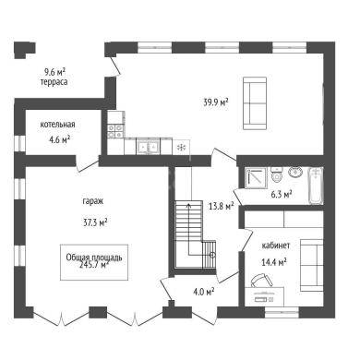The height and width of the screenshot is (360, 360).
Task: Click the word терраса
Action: [x=54, y=82]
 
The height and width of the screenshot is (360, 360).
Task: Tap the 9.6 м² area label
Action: [x=54, y=72]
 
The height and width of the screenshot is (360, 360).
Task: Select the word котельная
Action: [x=57, y=125]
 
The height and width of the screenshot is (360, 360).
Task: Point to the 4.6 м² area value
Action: [x=60, y=140]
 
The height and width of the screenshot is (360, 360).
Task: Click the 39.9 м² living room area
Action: [x=216, y=102]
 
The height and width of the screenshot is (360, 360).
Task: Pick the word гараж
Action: [x=93, y=201]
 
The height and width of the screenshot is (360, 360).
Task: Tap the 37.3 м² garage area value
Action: [x=95, y=222]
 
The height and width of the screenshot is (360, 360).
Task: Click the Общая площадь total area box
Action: [x=94, y=262]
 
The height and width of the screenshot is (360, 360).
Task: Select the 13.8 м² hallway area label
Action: [x=222, y=206]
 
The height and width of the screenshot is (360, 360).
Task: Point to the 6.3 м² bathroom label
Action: [x=282, y=195]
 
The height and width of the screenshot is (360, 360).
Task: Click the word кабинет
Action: [x=276, y=246]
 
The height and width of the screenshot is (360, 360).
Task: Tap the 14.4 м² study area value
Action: [x=274, y=262]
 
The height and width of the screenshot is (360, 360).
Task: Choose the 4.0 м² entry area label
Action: [x=204, y=292]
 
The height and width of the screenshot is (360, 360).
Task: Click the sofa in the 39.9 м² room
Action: [x=255, y=103]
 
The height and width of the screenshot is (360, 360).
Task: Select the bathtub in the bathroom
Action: [x=316, y=186]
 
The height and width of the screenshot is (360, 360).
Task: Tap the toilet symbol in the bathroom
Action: [x=277, y=174]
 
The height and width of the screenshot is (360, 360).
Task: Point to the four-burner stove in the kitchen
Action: [x=115, y=131]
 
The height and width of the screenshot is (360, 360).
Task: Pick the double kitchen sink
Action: [x=148, y=147]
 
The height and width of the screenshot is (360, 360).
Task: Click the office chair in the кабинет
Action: [x=261, y=280]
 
